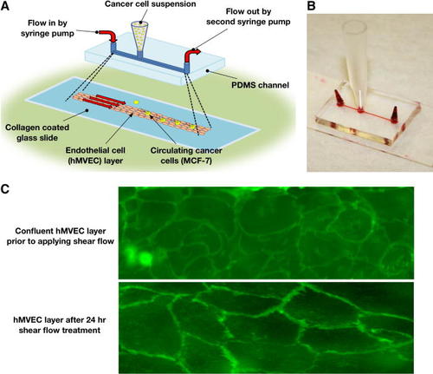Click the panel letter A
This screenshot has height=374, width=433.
[5, 6]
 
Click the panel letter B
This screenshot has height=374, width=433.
[311, 6]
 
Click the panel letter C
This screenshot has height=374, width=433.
[5, 189]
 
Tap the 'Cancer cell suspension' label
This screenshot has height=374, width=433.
[150, 4]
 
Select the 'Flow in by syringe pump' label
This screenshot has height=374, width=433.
[48, 28]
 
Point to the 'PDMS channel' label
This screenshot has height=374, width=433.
[260, 85]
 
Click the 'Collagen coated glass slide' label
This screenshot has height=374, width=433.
[37, 133]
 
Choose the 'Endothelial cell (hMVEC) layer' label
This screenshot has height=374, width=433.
[95, 155]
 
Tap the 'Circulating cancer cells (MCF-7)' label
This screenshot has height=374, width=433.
[186, 155]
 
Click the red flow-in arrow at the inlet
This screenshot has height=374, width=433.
[109, 36]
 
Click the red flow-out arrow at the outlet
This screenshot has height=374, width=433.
[192, 55]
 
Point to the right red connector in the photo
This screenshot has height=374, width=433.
[395, 115]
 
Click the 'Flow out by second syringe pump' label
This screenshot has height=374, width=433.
[249, 16]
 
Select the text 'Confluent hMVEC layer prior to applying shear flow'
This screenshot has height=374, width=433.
[61, 236]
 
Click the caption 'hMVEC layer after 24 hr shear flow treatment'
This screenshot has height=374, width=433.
[60, 325]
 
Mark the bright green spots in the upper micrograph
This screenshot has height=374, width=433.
[139, 256]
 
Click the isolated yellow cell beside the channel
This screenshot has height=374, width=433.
[136, 102]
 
